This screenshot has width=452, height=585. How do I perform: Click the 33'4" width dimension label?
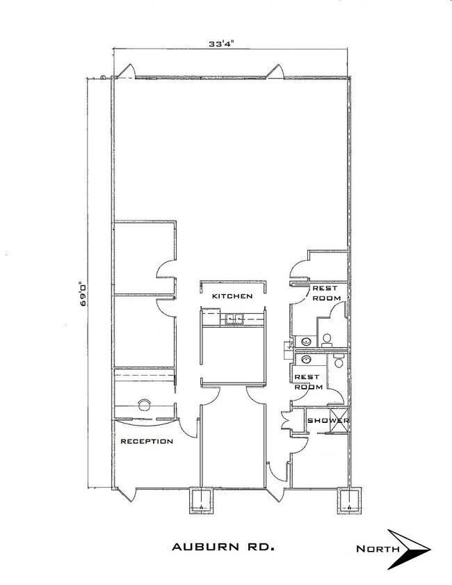[x=220, y=44]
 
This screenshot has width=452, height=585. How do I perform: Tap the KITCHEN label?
[x=232, y=296]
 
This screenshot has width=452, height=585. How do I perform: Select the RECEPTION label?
[x=147, y=442]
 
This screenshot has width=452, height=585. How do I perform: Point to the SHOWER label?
[x=328, y=420]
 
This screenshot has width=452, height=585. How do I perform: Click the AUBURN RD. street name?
[x=223, y=547]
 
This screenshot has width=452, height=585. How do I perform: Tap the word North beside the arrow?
[x=378, y=548]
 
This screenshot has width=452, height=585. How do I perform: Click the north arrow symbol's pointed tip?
[x=430, y=549]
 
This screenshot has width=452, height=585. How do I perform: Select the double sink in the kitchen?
[x=234, y=319]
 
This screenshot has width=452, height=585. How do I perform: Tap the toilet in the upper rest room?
[x=327, y=339]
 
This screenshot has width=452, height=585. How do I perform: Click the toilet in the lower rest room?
[x=339, y=361]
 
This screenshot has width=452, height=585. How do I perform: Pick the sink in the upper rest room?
[x=307, y=341]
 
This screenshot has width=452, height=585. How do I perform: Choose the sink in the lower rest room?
[x=306, y=360]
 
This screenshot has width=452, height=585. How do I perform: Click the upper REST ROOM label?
[x=326, y=294]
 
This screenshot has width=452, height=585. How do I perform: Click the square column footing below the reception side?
[x=202, y=500]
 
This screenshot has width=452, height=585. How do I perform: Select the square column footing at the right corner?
[x=349, y=500]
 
